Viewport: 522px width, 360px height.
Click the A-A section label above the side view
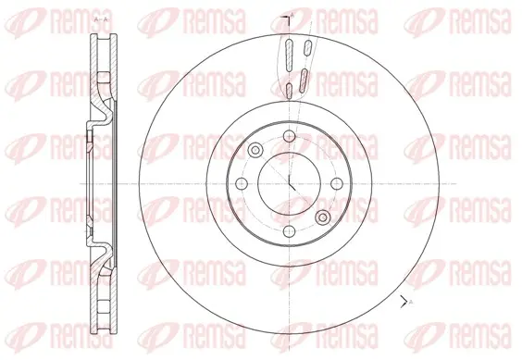pos(101,20)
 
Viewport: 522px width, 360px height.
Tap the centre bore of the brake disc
pos(290,183)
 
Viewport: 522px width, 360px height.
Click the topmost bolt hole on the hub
pos(290,136)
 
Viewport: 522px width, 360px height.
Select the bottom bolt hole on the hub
pos(290,231)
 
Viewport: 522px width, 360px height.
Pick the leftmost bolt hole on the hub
pos(242,183)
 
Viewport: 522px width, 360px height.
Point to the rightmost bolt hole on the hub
pos(337,183)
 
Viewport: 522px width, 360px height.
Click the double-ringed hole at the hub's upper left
pos(255,150)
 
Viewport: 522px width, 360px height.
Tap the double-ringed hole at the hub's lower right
pos(323,217)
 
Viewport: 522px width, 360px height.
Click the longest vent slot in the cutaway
pos(290,55)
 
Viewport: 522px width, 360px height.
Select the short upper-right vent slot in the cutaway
pos(307,47)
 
